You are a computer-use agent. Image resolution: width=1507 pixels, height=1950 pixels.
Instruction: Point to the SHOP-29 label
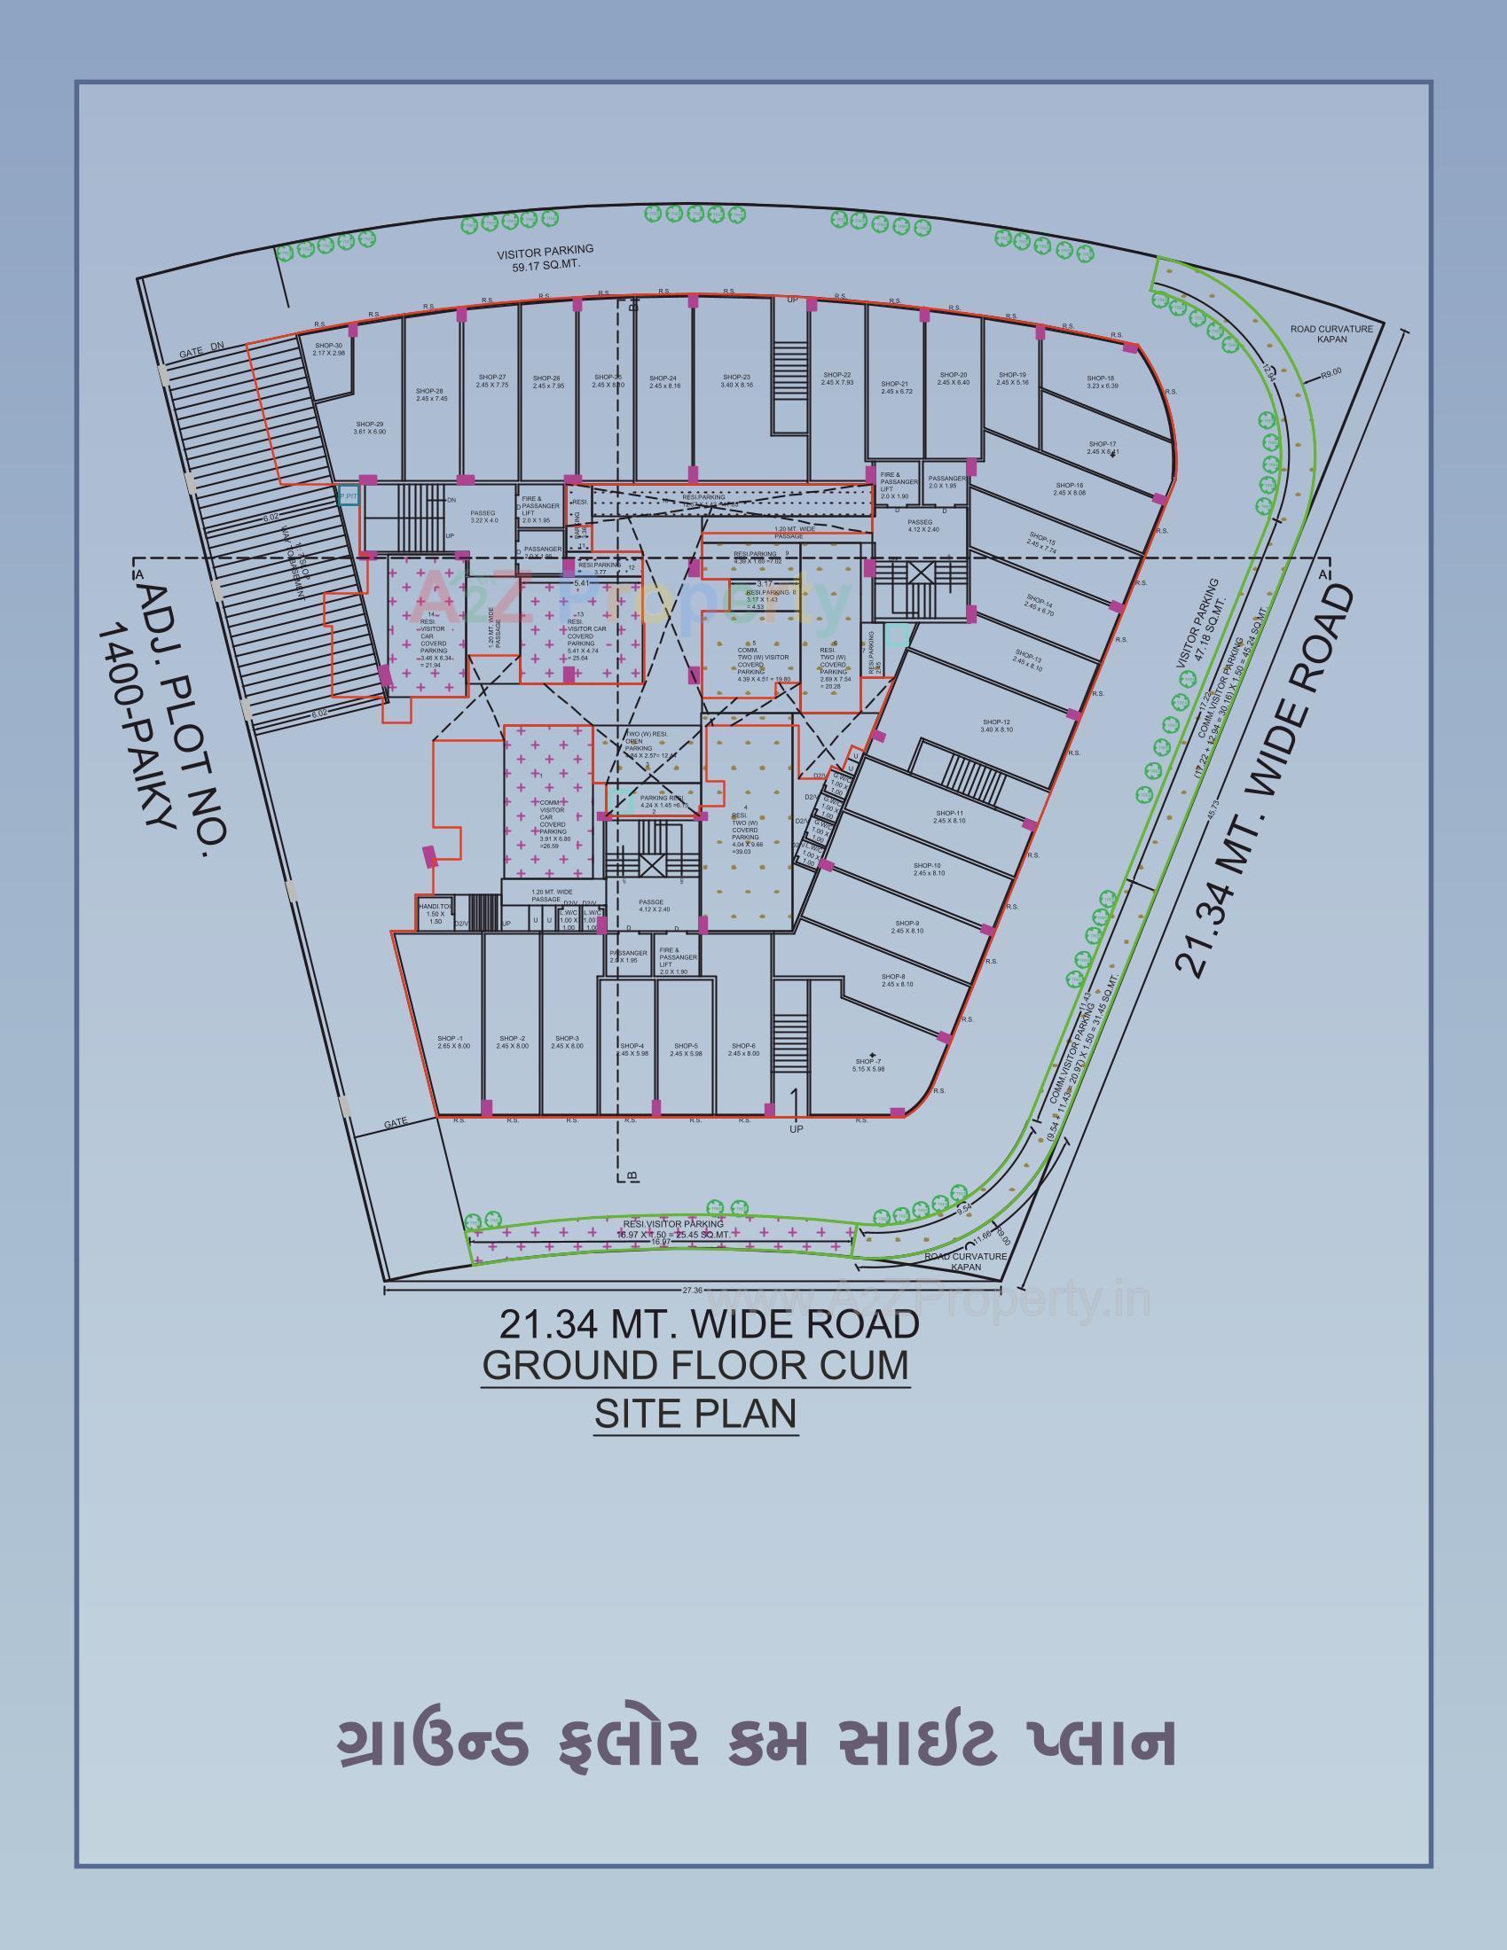(369, 428)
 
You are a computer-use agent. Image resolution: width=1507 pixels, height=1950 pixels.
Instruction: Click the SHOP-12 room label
(996, 725)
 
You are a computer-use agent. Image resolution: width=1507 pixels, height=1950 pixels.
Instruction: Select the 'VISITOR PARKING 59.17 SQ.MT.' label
(546, 257)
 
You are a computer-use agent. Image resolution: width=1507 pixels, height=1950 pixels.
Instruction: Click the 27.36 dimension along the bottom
(693, 1290)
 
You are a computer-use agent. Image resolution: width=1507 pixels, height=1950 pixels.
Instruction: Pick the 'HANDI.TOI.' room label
(436, 911)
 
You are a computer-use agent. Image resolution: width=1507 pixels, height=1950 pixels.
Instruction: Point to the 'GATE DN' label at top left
(201, 351)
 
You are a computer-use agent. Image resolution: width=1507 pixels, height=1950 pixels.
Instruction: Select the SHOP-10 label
(928, 869)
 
